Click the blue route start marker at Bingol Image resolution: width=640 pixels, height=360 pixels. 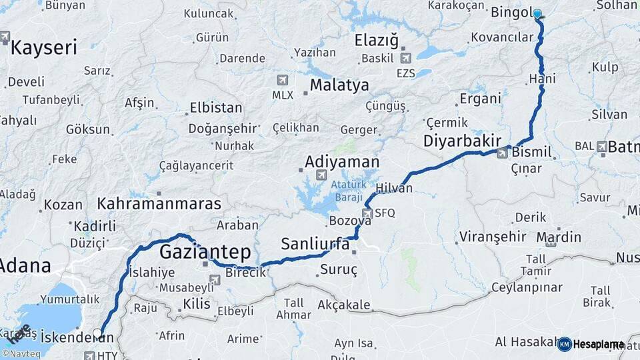click(537, 13)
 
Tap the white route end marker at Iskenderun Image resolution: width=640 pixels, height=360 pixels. click(98, 333)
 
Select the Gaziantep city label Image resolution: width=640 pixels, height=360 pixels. click(205, 253)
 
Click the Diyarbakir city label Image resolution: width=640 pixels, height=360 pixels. click(462, 141)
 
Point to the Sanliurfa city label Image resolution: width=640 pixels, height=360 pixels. click(315, 244)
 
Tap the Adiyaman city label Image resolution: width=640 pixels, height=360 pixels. click(342, 162)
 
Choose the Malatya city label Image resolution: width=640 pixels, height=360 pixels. click(339, 85)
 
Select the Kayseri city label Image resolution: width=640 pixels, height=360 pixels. click(44, 47)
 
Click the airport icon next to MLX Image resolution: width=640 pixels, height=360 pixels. click(283, 80)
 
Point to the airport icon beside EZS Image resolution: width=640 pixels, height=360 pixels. click(405, 58)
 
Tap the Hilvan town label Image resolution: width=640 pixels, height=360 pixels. click(394, 188)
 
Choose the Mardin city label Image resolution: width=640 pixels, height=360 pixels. click(559, 237)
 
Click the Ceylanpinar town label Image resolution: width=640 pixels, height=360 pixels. click(527, 288)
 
